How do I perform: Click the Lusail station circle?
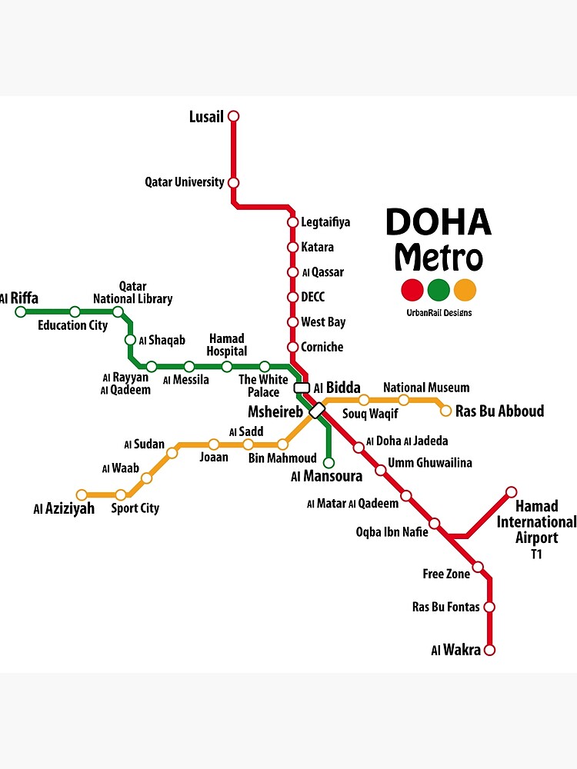[x=234, y=116]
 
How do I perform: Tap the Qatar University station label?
[x=185, y=182]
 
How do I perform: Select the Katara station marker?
[x=292, y=247]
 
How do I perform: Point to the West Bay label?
[x=323, y=322]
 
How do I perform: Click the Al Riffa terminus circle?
[x=21, y=311]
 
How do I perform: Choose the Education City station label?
[x=73, y=325]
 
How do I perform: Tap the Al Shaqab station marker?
[x=130, y=340]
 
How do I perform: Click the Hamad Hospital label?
[x=226, y=345]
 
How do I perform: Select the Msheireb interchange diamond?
[x=317, y=411]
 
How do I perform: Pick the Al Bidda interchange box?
[x=302, y=388]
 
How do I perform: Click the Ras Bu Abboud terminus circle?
[x=445, y=411]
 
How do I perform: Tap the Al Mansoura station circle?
[x=329, y=463]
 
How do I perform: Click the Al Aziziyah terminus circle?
[x=82, y=495]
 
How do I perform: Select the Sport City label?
[x=135, y=508]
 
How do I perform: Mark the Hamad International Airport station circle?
[x=511, y=492]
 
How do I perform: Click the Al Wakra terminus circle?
[x=489, y=650]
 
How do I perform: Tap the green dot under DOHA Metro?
[x=439, y=290]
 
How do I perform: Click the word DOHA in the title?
[x=438, y=222]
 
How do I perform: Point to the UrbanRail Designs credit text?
[x=439, y=313]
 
